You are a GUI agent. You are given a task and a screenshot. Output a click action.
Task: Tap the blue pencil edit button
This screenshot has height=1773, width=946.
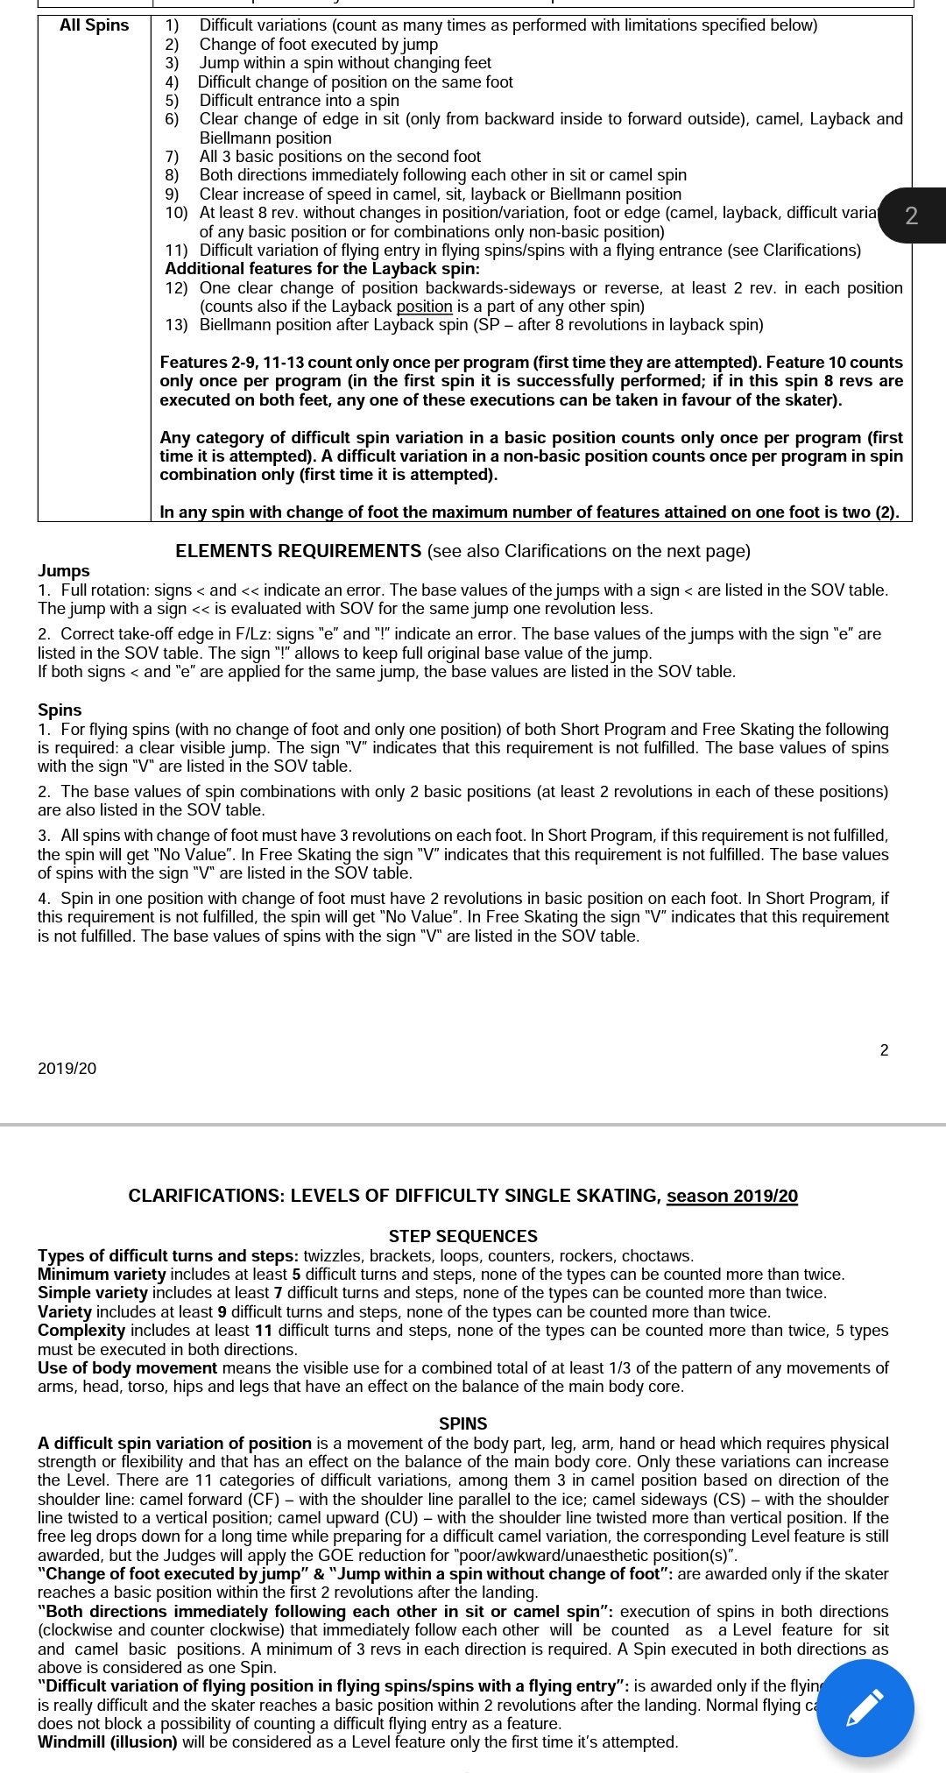pyautogui.click(x=865, y=1707)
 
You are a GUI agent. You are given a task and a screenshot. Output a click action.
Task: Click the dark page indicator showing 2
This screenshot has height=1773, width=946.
pyautogui.click(x=911, y=215)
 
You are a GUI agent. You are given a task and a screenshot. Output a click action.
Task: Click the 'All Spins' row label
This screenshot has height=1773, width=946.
pyautogui.click(x=94, y=25)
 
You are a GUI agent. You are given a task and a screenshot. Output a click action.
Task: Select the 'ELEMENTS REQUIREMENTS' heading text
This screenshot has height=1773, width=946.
pyautogui.click(x=299, y=551)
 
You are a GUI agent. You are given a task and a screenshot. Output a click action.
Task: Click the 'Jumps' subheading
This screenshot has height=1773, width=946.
pyautogui.click(x=64, y=570)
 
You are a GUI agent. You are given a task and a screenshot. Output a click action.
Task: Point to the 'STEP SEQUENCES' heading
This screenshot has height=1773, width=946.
pyautogui.click(x=462, y=1236)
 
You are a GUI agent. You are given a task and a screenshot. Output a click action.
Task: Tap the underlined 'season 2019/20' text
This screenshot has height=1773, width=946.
pyautogui.click(x=731, y=1196)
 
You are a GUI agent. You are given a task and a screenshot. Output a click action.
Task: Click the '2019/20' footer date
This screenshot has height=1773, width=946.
pyautogui.click(x=67, y=1068)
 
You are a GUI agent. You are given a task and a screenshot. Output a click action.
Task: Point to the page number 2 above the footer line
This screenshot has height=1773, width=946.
pyautogui.click(x=884, y=1049)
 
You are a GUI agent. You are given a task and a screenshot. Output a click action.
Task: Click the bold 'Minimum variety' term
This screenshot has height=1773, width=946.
pyautogui.click(x=102, y=1274)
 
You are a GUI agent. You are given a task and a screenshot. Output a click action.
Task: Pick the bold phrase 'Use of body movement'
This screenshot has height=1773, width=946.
pyautogui.click(x=127, y=1367)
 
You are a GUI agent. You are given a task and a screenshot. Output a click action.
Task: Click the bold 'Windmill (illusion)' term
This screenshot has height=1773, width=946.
pyautogui.click(x=108, y=1741)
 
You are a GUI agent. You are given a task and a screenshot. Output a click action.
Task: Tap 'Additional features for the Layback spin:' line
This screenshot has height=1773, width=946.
pyautogui.click(x=322, y=269)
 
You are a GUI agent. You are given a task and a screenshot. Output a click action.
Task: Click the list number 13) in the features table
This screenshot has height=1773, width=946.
pyautogui.click(x=176, y=325)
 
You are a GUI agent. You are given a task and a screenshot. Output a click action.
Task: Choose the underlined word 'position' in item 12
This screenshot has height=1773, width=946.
pyautogui.click(x=424, y=307)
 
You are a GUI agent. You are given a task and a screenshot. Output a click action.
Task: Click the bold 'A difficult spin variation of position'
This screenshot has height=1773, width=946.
pyautogui.click(x=175, y=1443)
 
